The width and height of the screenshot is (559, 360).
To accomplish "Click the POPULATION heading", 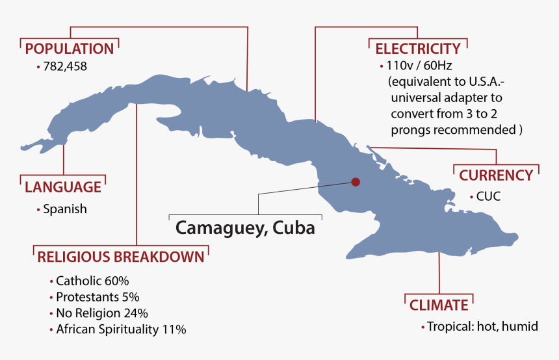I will tap(69, 48).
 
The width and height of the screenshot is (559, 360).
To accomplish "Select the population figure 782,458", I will tap(65, 66).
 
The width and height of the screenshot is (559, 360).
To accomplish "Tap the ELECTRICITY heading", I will tap(418, 48).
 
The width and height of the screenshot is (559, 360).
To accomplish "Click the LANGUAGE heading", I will tap(63, 187).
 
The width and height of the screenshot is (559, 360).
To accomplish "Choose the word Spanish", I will tap(64, 209).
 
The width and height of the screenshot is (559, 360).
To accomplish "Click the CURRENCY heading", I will tap(496, 175).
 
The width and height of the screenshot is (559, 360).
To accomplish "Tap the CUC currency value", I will tap(488, 196).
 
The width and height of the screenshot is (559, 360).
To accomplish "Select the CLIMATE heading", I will tap(439, 305).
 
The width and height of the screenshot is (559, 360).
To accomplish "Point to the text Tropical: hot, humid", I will tap(482, 326).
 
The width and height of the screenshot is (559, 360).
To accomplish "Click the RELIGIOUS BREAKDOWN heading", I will tap(121, 257).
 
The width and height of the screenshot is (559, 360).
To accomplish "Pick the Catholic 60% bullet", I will tap(92, 281).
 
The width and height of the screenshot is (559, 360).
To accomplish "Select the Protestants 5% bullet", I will tap(97, 297).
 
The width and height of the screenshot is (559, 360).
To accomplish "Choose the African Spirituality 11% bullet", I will tap(121, 329).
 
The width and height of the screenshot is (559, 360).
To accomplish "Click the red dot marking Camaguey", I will tap(355, 183).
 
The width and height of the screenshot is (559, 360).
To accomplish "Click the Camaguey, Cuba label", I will tap(245, 228).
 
